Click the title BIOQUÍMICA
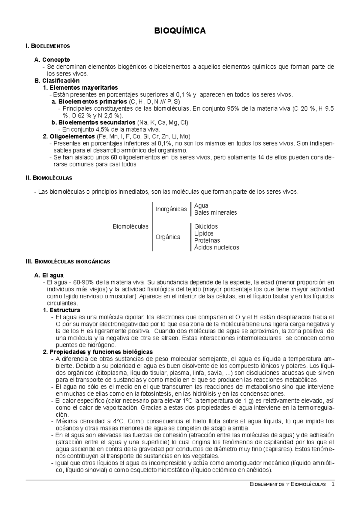pyautogui.click(x=180, y=31)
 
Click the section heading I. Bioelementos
pyautogui.click(x=48, y=46)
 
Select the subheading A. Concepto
pyautogui.click(x=52, y=60)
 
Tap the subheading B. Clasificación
pyautogui.click(x=57, y=81)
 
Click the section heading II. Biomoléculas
pyautogui.click(x=49, y=178)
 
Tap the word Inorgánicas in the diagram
pyautogui.click(x=171, y=209)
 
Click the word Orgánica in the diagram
pyautogui.click(x=168, y=237)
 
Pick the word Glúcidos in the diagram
pyautogui.click(x=206, y=227)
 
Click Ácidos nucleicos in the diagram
pyautogui.click(x=217, y=248)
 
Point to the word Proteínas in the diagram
pyautogui.click(x=207, y=240)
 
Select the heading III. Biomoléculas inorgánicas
pyautogui.click(x=68, y=261)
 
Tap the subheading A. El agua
pyautogui.click(x=49, y=275)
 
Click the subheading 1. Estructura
pyautogui.click(x=62, y=310)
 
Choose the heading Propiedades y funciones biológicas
pyautogui.click(x=101, y=352)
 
